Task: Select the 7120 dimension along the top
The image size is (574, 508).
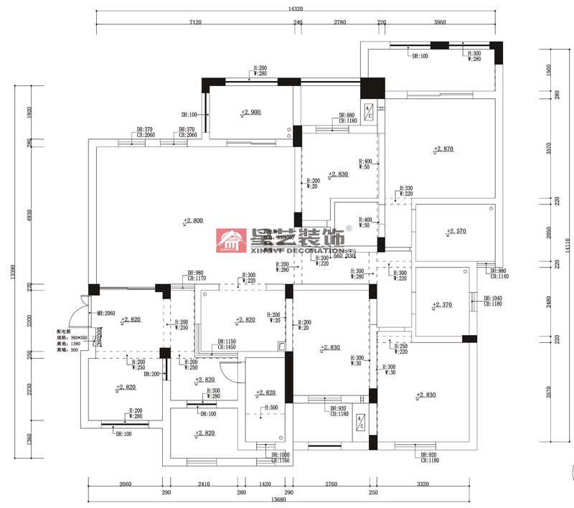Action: pyautogui.click(x=195, y=22)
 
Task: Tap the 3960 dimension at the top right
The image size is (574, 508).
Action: pyautogui.click(x=440, y=22)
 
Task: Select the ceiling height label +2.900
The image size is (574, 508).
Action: pyautogui.click(x=251, y=113)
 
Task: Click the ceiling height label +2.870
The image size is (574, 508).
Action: pyautogui.click(x=445, y=149)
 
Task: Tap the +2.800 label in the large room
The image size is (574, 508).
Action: pyautogui.click(x=194, y=221)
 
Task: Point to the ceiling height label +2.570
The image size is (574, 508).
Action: pyautogui.click(x=456, y=231)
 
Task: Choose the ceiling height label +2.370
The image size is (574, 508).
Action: pyautogui.click(x=442, y=305)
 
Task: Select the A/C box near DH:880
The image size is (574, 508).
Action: pyautogui.click(x=368, y=112)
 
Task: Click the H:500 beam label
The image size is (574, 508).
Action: pyautogui.click(x=270, y=408)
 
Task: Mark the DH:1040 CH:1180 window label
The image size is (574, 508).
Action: pyautogui.click(x=493, y=301)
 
